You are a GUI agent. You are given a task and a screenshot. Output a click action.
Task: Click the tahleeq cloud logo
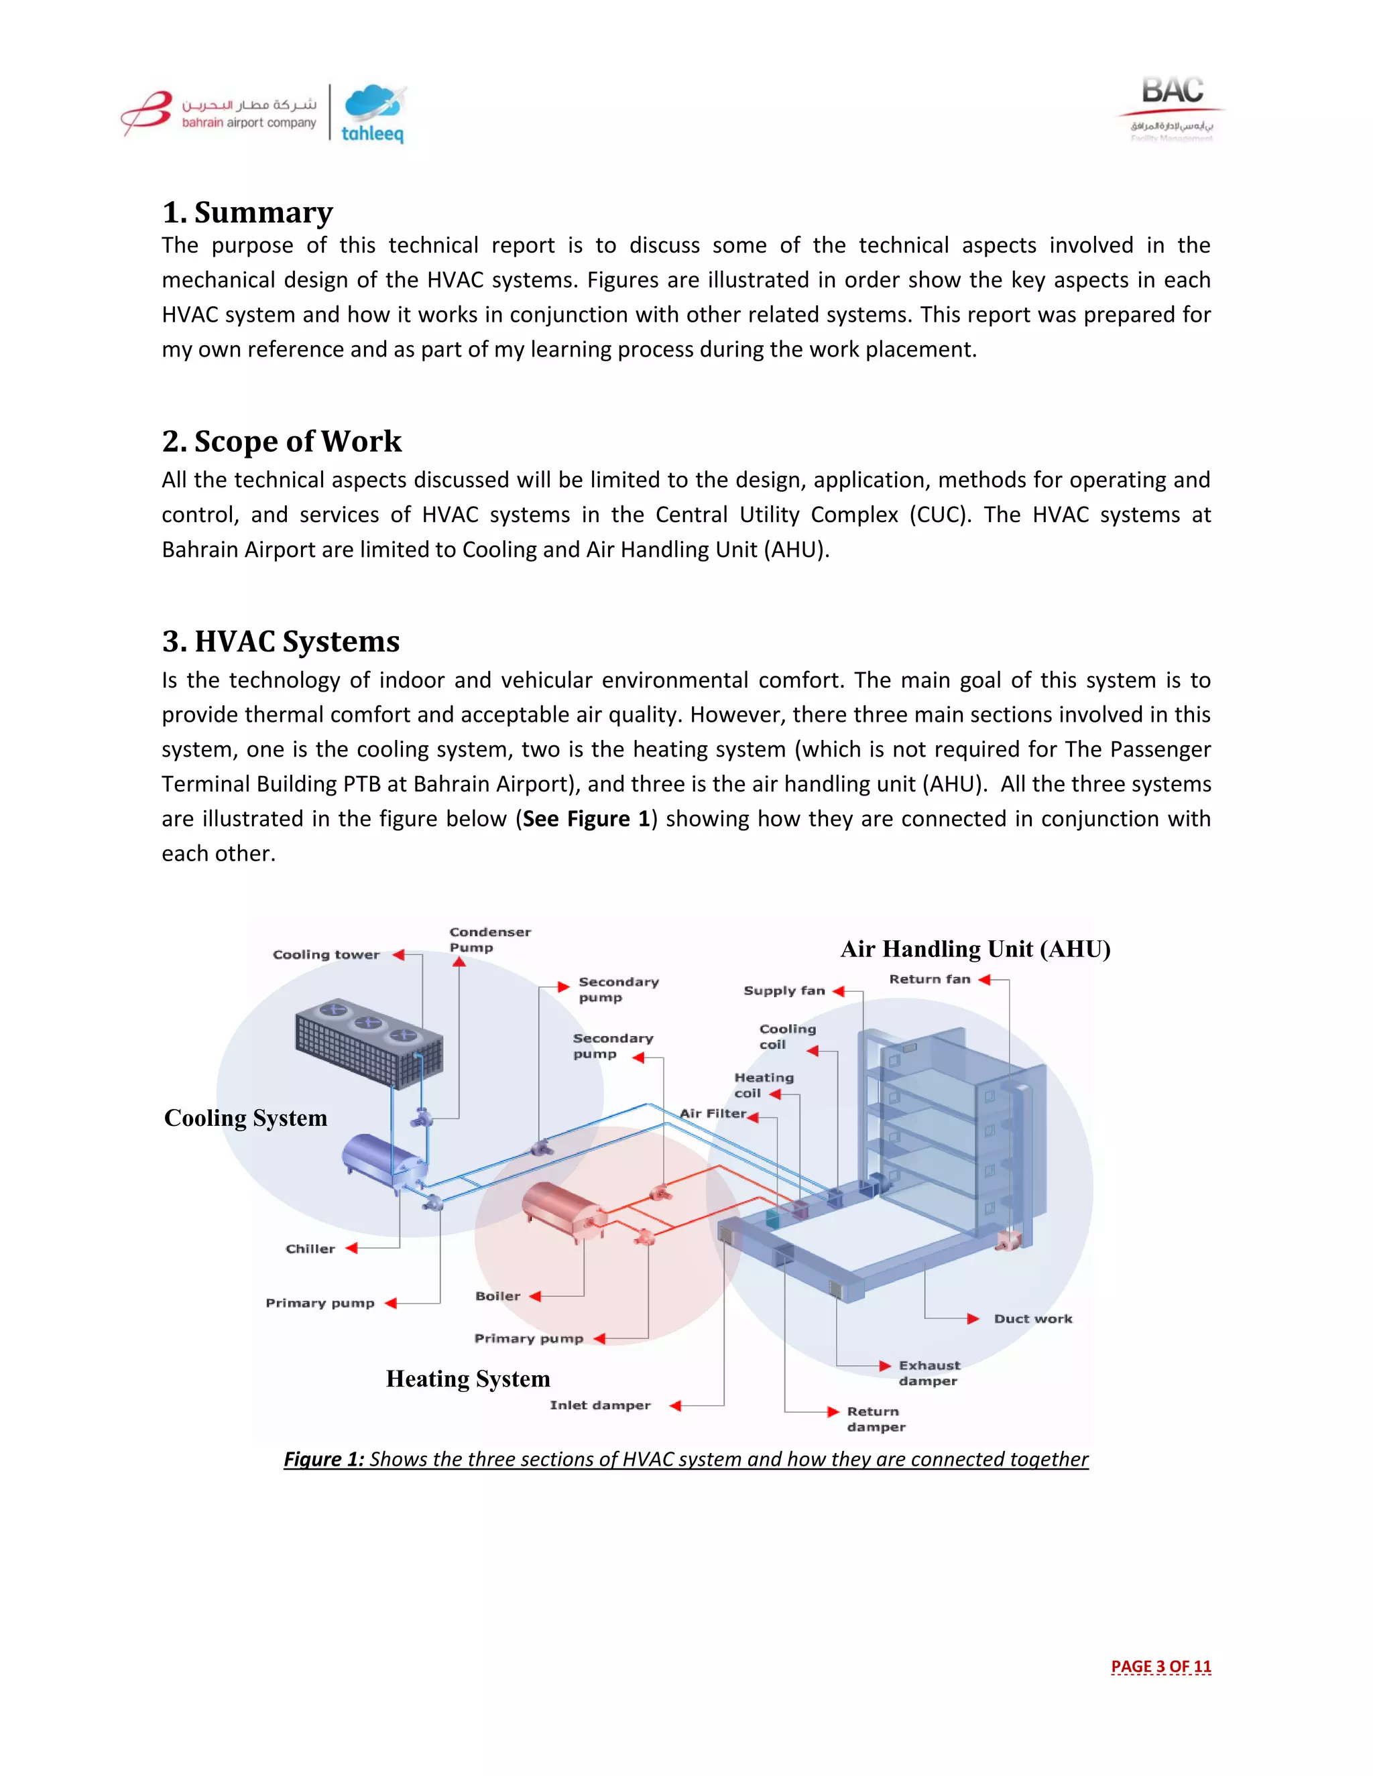pos(373,115)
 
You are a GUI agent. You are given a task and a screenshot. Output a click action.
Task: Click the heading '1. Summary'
pos(247,212)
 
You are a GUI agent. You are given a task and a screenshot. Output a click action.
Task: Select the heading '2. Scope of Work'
pos(282,442)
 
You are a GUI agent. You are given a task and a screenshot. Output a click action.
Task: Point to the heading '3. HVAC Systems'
pos(281,641)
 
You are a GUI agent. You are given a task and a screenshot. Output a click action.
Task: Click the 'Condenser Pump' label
pos(489,939)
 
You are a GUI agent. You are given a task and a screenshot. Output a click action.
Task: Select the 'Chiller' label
pos(310,1249)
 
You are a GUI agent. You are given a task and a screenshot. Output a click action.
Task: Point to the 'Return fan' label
pos(929,979)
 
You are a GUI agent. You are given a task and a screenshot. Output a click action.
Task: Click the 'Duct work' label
pos(1032,1319)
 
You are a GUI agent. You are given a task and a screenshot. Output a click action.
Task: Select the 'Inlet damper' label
pos(599,1405)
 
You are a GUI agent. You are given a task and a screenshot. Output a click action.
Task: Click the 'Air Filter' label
pos(713,1113)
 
